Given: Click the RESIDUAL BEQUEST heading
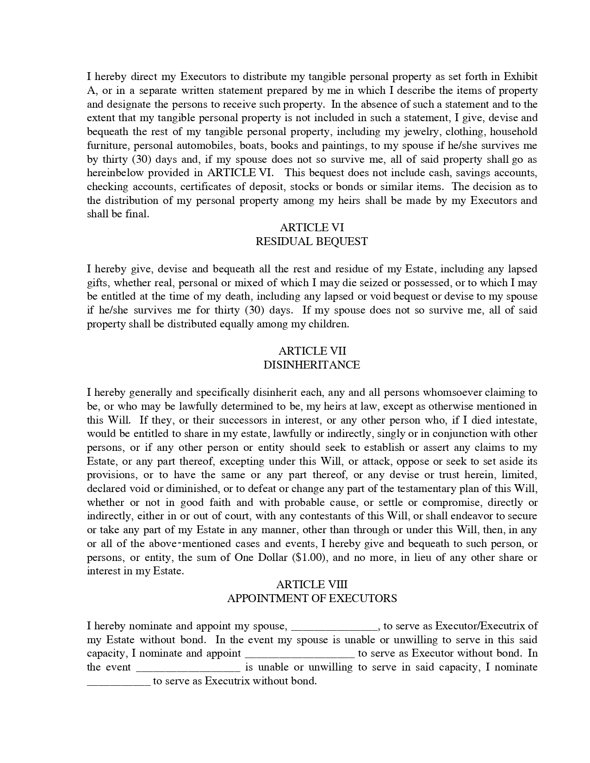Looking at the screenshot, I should click(311, 241).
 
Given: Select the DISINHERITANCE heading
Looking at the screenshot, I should click(311, 365).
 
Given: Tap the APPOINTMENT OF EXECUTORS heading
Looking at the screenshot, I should click(311, 598).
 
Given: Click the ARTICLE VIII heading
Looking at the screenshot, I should click(311, 585).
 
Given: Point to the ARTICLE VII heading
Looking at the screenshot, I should click(311, 351).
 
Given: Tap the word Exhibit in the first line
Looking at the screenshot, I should click(520, 77).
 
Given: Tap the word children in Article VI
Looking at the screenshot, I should click(329, 324).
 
